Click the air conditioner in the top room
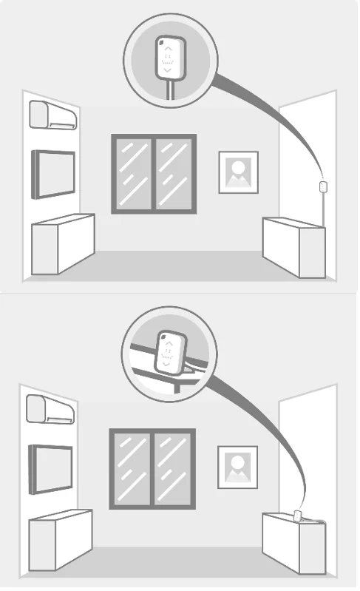(x=52, y=115)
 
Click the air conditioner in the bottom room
(x=50, y=409)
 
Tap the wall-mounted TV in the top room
(x=53, y=174)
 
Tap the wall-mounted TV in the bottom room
(x=51, y=468)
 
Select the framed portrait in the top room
(x=238, y=172)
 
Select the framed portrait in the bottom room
(x=237, y=467)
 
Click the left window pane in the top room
(x=133, y=174)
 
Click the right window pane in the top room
(x=174, y=174)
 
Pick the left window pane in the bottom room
(x=132, y=467)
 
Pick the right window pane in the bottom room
(x=173, y=467)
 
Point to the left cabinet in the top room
(x=62, y=244)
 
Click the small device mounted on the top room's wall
(x=322, y=186)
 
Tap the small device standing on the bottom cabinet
(x=298, y=516)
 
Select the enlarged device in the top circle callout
(x=169, y=58)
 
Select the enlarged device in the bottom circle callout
(x=169, y=352)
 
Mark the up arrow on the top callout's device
(x=169, y=47)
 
